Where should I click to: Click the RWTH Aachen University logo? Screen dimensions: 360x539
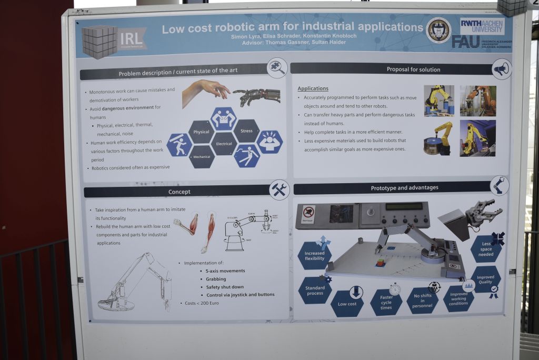[x=482, y=25]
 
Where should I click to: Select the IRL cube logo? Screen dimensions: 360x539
[x=100, y=41]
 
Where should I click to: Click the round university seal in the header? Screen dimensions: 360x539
[x=438, y=31]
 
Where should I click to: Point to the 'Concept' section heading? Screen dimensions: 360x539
[x=179, y=192]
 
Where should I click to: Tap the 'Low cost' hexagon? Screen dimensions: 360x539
[x=347, y=304]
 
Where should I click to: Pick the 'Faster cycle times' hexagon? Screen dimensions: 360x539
[x=386, y=303]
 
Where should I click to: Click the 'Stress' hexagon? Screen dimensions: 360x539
[x=246, y=131]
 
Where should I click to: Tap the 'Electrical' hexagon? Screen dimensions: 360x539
[x=224, y=144]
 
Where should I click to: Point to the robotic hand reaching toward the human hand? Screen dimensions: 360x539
[x=256, y=95]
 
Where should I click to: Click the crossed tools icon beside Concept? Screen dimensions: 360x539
[x=279, y=190]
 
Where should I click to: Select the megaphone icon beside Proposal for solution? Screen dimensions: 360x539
[x=501, y=69]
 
